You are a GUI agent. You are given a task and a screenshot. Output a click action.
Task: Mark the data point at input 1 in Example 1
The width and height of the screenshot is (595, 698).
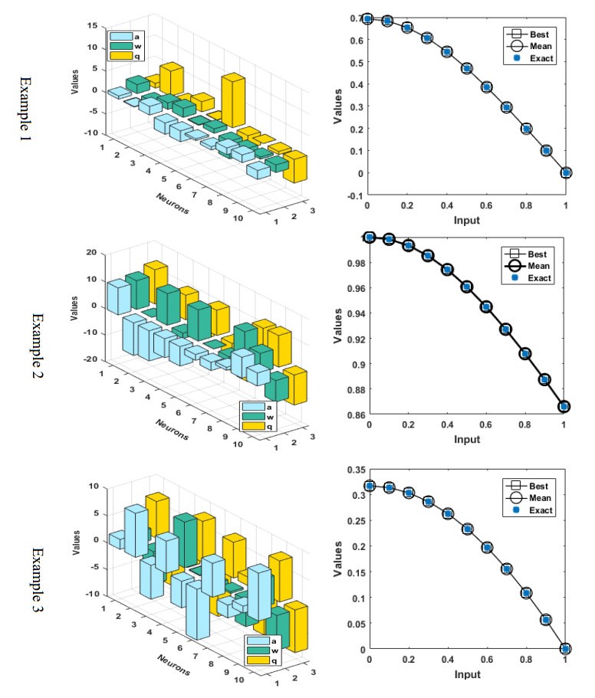coord(566,172)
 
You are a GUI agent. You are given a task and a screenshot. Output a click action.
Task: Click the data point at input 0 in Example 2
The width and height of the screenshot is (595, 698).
coord(370,238)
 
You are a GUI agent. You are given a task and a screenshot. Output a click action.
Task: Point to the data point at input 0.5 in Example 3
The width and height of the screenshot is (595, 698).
coord(467,529)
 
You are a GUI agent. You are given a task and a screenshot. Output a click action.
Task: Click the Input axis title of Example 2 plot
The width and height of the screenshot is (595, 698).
coord(466,439)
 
